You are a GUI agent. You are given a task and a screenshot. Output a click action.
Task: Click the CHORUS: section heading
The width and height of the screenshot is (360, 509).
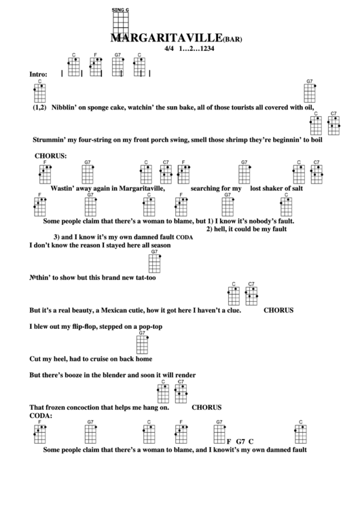51,156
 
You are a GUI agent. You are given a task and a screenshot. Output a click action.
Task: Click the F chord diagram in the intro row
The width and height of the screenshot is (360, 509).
96,65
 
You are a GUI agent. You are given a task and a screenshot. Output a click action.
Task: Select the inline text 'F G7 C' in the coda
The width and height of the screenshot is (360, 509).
239,441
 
